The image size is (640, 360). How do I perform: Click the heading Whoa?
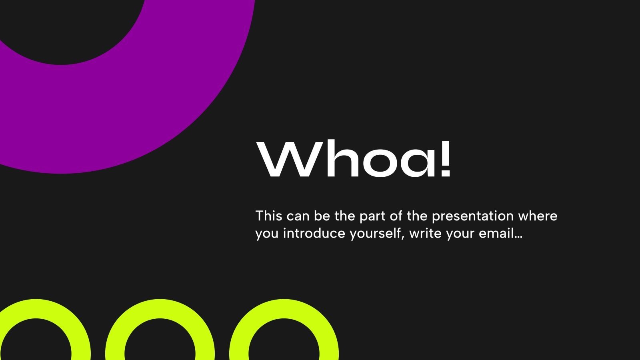coord(354,158)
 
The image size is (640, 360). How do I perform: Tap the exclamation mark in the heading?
coord(445,158)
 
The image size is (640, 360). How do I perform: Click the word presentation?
coord(473,216)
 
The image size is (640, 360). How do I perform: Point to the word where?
coord(538,216)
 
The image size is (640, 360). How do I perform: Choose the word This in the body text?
coord(269,216)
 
